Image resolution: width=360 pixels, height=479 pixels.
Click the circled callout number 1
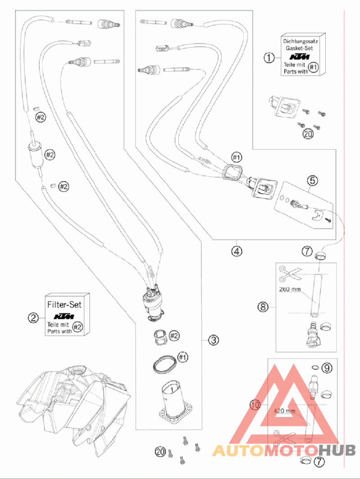tap(269, 58)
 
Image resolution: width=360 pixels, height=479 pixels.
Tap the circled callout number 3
tap(214, 340)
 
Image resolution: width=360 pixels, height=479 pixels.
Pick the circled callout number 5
tap(312, 180)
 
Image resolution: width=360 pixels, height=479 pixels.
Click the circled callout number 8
tap(263, 306)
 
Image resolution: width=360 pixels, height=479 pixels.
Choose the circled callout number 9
tap(327, 368)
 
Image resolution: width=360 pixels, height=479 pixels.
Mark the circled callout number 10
tap(256, 405)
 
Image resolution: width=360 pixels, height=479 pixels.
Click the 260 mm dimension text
tap(290, 289)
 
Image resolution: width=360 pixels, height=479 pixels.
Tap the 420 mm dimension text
tap(284, 411)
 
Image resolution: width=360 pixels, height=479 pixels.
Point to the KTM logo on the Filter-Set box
tap(64, 316)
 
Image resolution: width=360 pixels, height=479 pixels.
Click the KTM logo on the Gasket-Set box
tap(300, 57)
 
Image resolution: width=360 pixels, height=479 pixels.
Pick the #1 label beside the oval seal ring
tap(183, 357)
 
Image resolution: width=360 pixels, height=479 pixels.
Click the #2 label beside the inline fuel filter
tap(50, 155)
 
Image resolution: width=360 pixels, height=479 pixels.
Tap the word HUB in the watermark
tap(337, 450)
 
